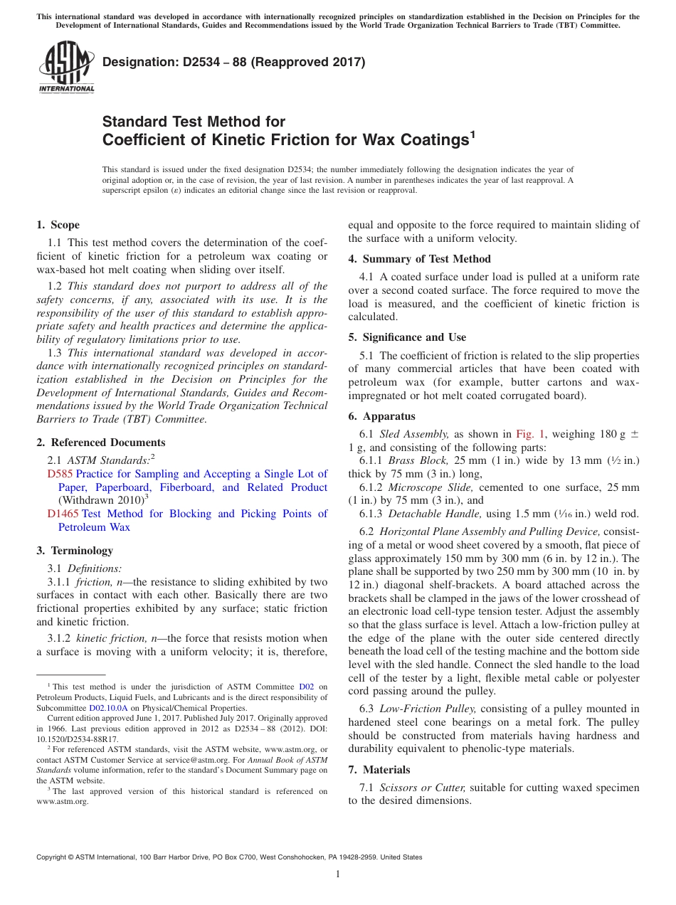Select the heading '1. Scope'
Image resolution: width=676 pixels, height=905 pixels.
(x=58, y=225)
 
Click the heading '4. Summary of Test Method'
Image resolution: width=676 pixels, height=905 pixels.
(x=419, y=259)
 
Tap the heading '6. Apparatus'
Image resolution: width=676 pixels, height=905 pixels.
(x=381, y=416)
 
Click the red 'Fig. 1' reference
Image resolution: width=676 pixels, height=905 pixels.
(x=530, y=434)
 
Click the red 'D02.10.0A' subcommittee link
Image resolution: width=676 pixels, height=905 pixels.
(x=108, y=708)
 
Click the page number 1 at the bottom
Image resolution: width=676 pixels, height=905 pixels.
(x=338, y=874)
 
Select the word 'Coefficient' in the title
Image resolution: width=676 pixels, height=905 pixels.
(x=147, y=140)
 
